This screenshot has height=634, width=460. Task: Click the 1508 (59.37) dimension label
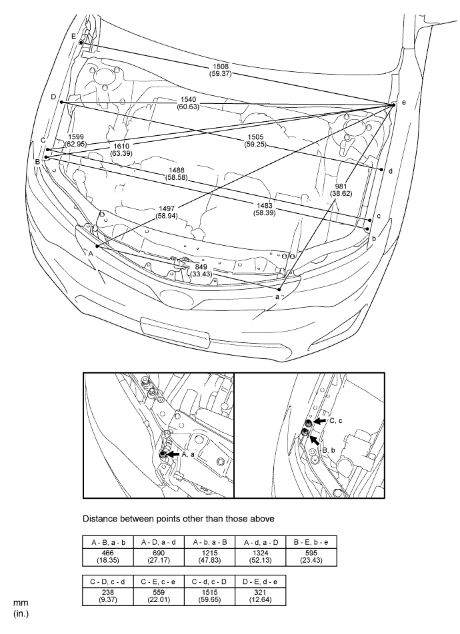(221, 70)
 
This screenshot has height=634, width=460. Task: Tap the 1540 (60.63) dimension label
(188, 103)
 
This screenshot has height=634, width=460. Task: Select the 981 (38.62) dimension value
(341, 190)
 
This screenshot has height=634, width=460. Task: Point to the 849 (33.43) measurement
(201, 270)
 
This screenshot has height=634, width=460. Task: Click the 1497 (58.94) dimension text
(167, 212)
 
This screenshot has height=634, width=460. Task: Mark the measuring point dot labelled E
(81, 43)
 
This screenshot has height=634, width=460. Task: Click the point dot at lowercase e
(393, 105)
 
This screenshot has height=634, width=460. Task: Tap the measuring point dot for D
(61, 103)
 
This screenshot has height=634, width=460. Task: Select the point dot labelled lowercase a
(279, 290)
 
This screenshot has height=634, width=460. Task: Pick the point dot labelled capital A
(97, 246)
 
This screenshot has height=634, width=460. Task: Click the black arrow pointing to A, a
(173, 454)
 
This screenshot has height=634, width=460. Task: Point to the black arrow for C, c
(319, 422)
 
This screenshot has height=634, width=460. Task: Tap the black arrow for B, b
(315, 440)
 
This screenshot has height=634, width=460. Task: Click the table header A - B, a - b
(108, 542)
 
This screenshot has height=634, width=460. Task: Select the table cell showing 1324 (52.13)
(261, 557)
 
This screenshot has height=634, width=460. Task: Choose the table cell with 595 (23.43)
(311, 557)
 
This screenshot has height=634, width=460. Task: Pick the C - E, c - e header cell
(159, 581)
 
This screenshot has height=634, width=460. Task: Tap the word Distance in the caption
(99, 518)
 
